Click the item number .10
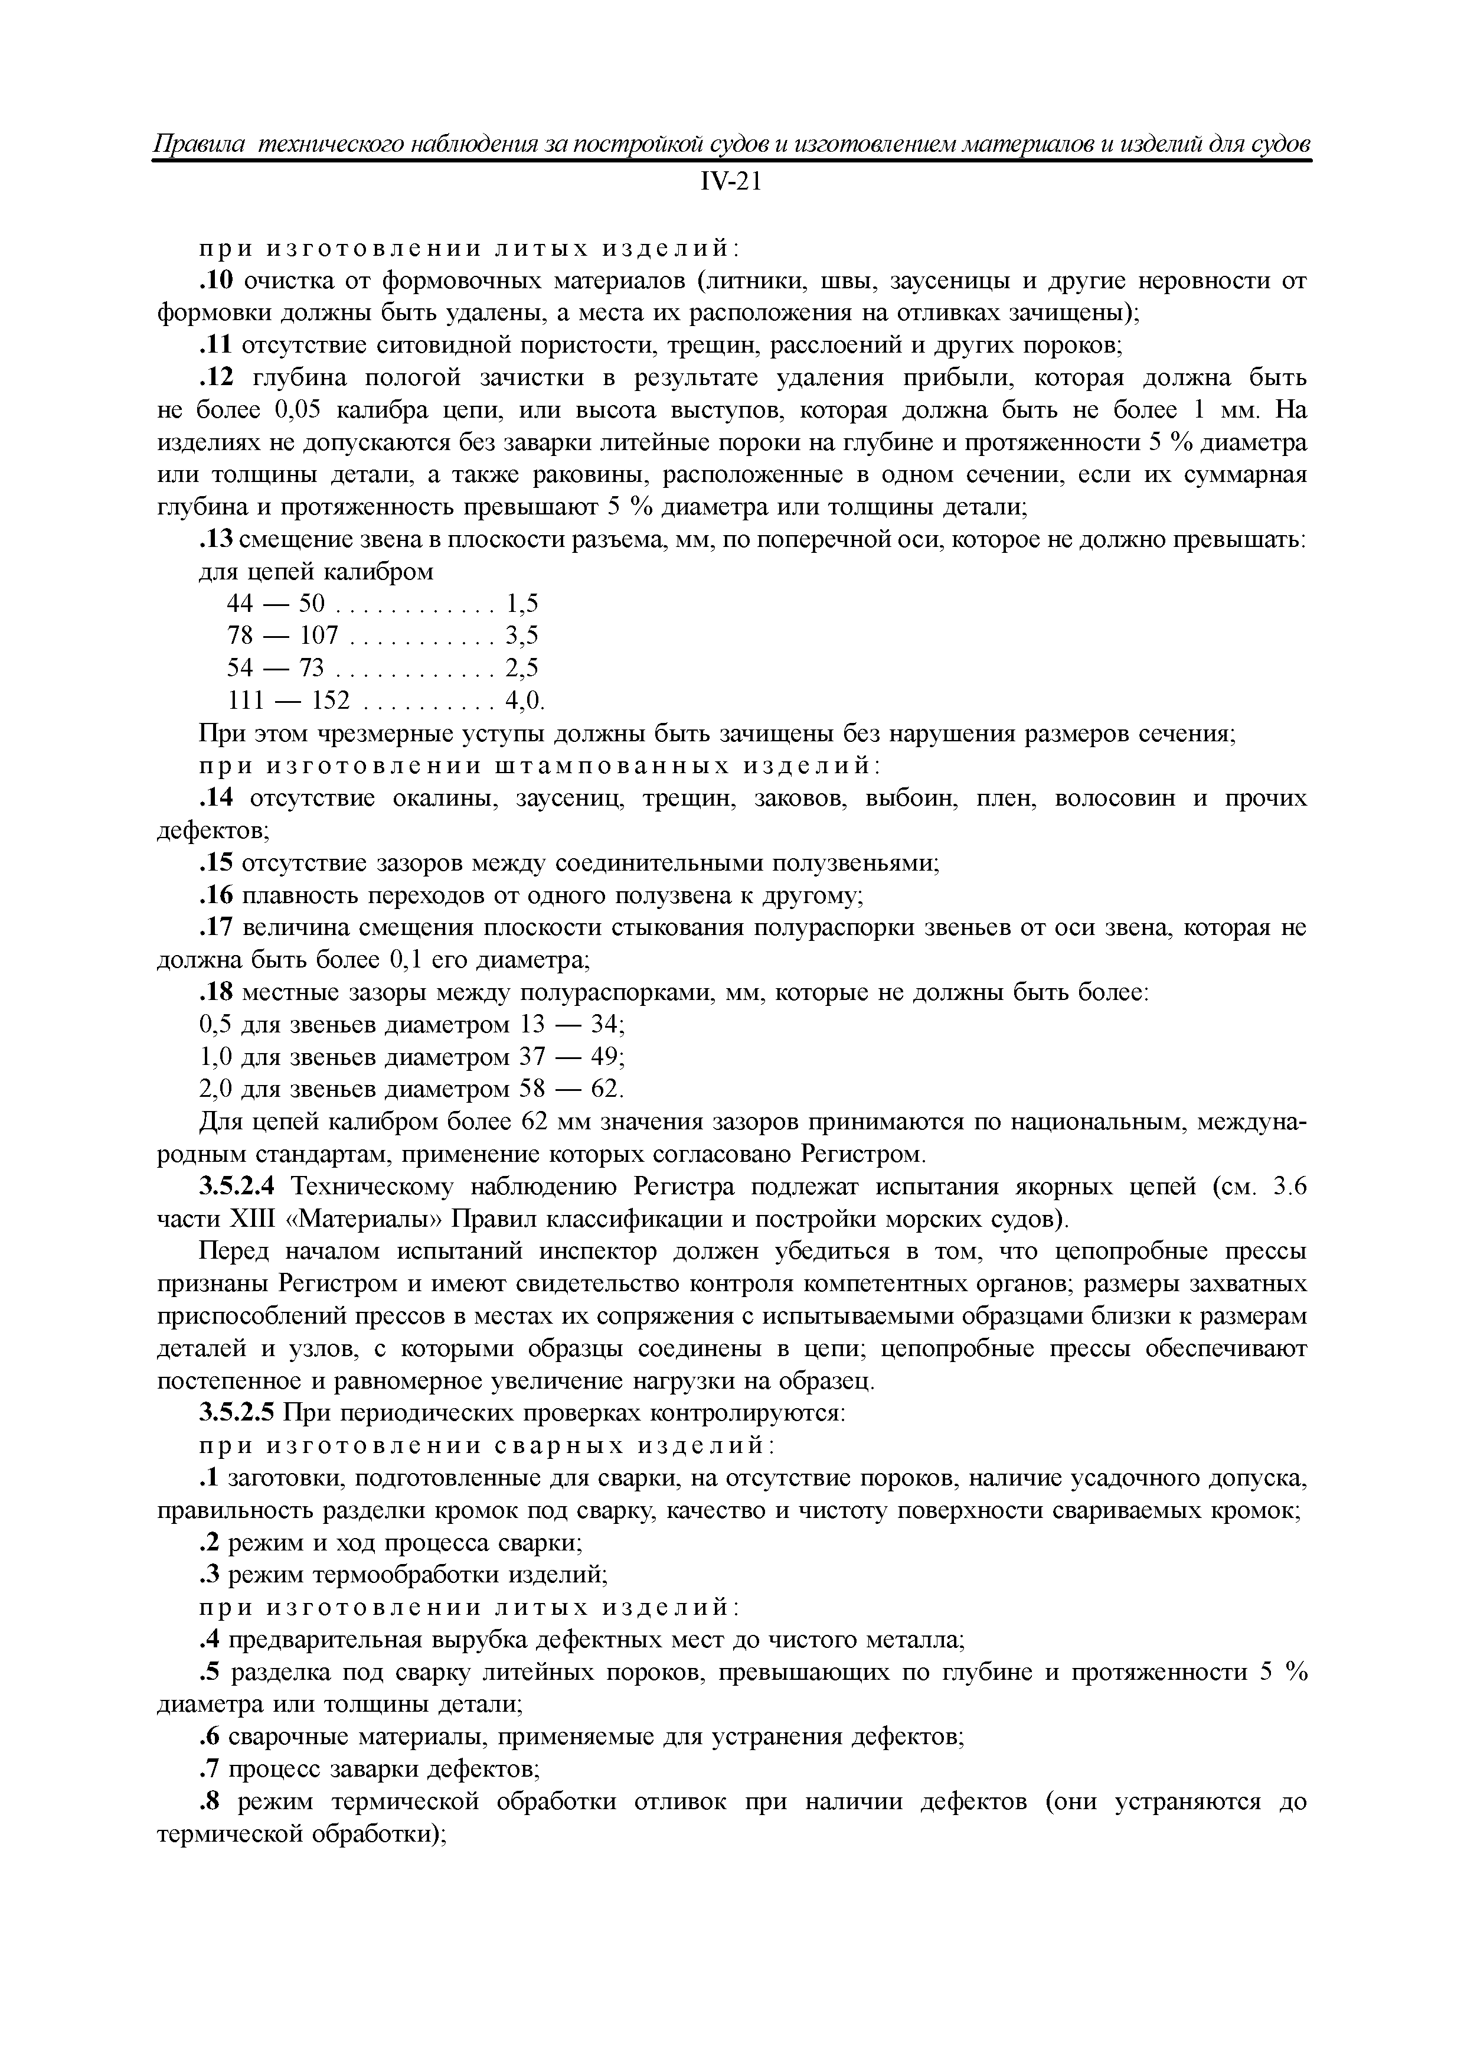(215, 282)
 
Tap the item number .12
(215, 378)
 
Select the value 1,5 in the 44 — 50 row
(521, 604)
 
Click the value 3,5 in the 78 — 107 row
(521, 636)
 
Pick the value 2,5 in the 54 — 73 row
(521, 669)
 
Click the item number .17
(215, 928)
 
